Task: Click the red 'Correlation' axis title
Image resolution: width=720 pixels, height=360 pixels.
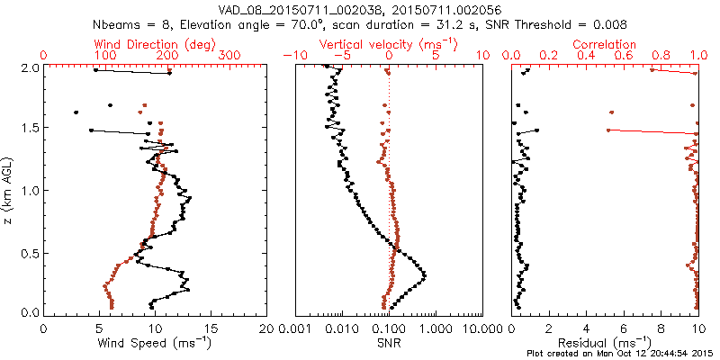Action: click(608, 44)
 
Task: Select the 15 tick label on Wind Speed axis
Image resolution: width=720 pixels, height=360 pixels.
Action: click(211, 328)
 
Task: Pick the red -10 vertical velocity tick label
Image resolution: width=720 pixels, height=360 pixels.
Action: click(293, 56)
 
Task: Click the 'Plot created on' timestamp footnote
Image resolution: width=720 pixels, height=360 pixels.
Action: click(621, 354)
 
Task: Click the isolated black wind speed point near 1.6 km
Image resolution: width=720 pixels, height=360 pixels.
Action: click(76, 112)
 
